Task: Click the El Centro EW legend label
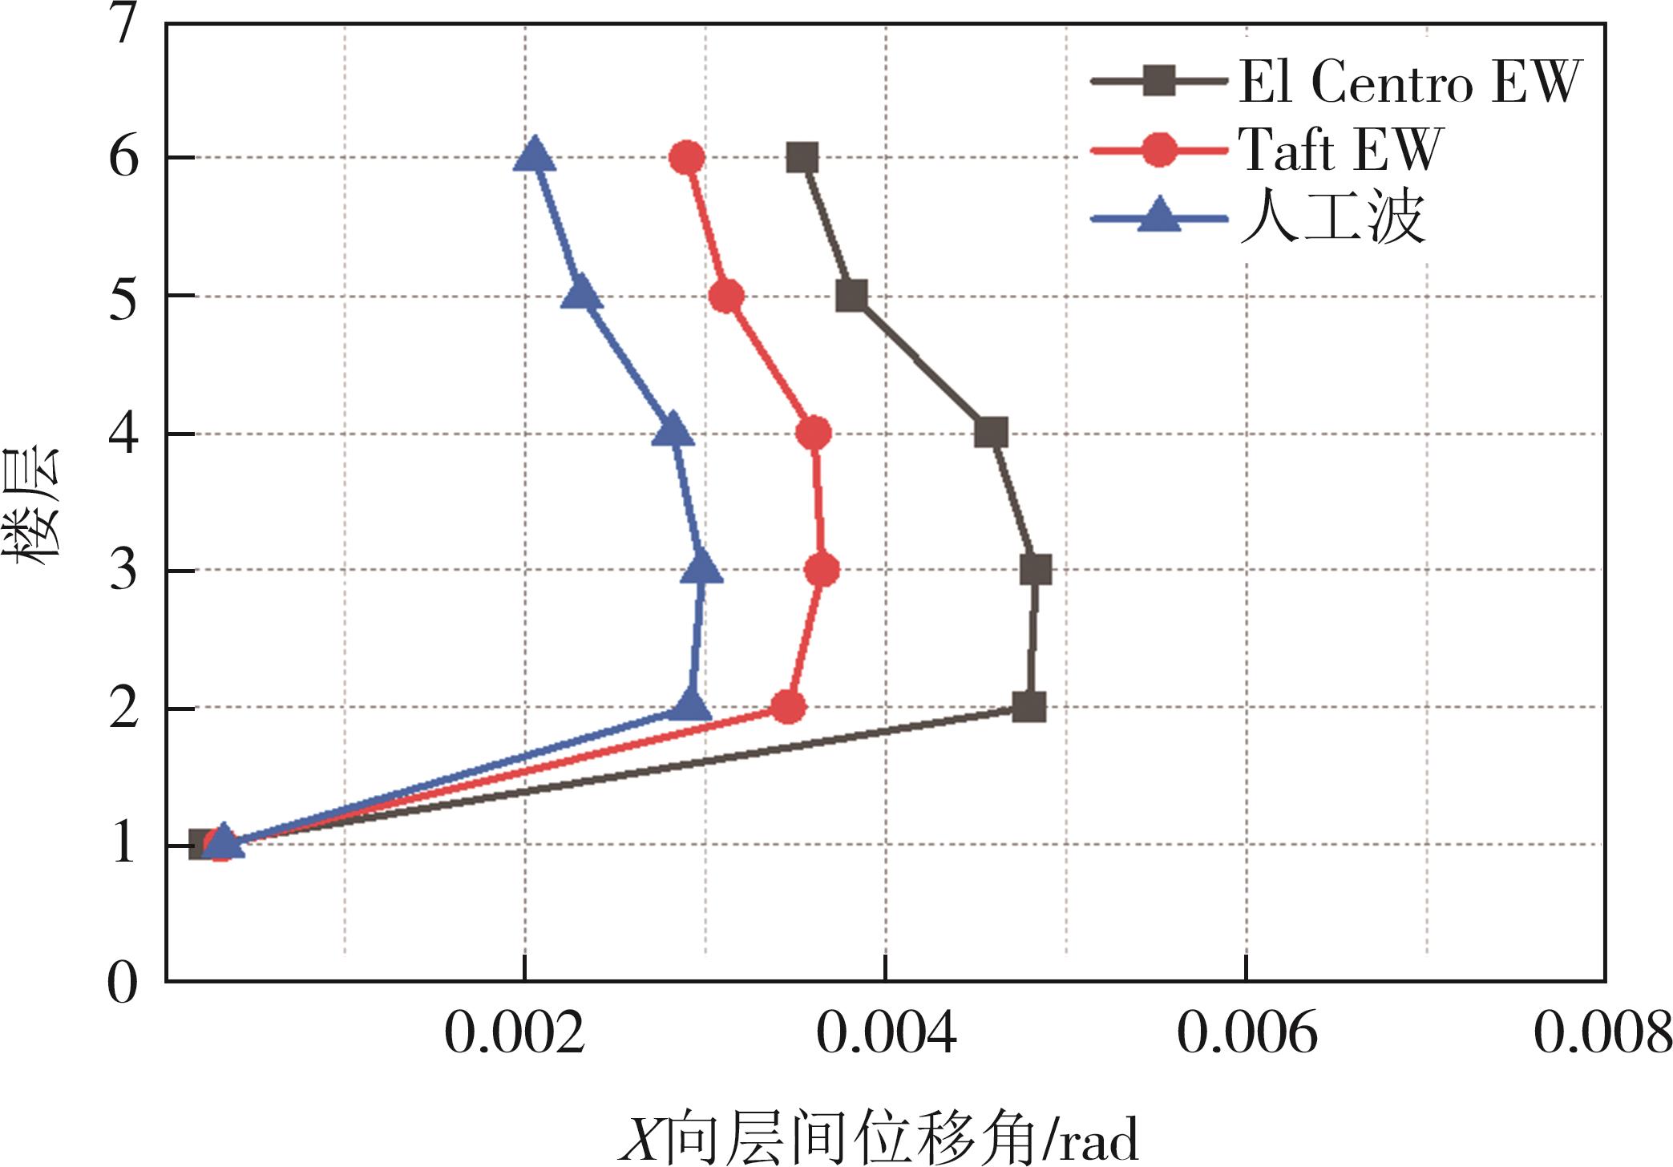coord(1409,82)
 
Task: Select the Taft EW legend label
coord(1340,150)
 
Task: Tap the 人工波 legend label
coord(1332,217)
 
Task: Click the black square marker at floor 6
coord(802,158)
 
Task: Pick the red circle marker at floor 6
coord(687,158)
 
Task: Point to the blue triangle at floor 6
coord(534,155)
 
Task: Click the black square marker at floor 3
coord(1036,571)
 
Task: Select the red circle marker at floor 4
coord(814,434)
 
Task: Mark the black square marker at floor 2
coord(1028,708)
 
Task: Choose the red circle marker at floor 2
coord(788,708)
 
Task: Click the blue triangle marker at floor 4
coord(673,431)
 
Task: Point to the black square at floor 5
coord(851,296)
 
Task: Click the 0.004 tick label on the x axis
coord(886,1034)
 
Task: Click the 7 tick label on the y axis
coord(123,24)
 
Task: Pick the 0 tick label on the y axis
coord(123,983)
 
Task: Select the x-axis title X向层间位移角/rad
coord(879,1138)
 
